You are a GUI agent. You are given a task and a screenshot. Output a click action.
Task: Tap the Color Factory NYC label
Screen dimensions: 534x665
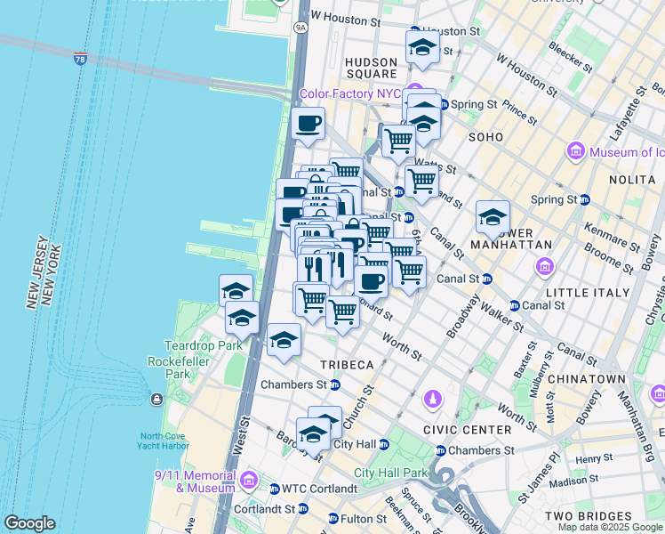(x=349, y=93)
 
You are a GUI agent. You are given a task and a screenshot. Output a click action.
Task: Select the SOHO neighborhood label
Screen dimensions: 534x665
(x=487, y=137)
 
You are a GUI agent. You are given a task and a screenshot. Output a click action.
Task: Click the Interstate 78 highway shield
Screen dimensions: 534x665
(x=80, y=59)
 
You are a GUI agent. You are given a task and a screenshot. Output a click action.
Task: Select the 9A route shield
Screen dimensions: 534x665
(x=300, y=28)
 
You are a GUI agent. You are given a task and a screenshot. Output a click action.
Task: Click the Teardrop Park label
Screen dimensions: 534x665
(x=190, y=345)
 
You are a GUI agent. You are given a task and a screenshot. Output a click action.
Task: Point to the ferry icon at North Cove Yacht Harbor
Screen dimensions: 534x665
(x=157, y=399)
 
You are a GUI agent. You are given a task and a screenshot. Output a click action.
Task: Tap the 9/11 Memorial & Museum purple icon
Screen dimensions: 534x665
(x=249, y=482)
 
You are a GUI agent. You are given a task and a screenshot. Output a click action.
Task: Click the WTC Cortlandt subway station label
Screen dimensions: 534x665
(x=318, y=489)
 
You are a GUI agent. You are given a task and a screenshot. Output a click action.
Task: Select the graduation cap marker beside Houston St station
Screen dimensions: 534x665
(x=422, y=47)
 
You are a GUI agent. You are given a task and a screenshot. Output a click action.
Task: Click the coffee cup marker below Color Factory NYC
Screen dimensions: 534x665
(x=308, y=124)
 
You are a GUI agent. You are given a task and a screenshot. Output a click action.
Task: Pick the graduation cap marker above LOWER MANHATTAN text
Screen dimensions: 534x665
(x=493, y=216)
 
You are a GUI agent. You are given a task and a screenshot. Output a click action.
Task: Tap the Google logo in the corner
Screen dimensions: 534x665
(x=29, y=523)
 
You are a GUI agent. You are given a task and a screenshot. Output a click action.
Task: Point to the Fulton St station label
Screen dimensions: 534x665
(x=359, y=518)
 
